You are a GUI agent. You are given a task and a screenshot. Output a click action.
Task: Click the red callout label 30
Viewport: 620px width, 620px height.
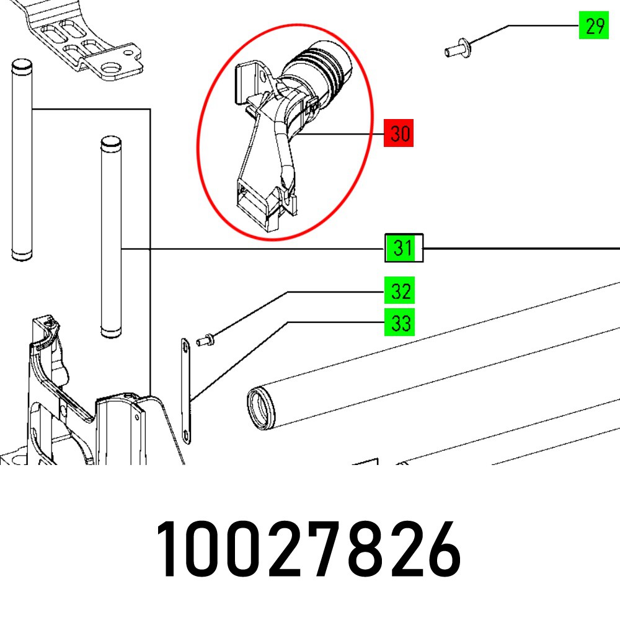[x=400, y=134]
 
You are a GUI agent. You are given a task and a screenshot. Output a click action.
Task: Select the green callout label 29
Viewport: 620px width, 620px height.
[x=593, y=27]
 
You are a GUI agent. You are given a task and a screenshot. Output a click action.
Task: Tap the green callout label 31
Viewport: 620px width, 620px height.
[x=403, y=248]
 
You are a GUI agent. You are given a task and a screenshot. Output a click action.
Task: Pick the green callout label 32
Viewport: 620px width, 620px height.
[x=400, y=291]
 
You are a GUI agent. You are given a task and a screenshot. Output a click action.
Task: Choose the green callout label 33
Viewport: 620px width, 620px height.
[x=400, y=323]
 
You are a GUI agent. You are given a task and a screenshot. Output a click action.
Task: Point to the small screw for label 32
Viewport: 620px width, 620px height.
[x=205, y=339]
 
